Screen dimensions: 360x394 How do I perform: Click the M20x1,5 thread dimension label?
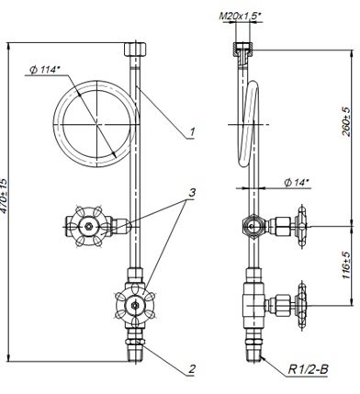pyautogui.click(x=241, y=16)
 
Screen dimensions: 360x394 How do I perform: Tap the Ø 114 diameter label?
pyautogui.click(x=45, y=70)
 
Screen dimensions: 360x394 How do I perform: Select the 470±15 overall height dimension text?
pyautogui.click(x=4, y=196)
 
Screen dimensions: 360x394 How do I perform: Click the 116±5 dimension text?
pyautogui.click(x=347, y=265)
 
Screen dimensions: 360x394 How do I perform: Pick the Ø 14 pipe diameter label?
pyautogui.click(x=297, y=183)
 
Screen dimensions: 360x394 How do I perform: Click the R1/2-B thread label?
pyautogui.click(x=308, y=369)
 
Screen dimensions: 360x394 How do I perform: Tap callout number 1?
pyautogui.click(x=192, y=132)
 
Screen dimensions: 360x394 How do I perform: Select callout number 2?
pyautogui.click(x=192, y=368)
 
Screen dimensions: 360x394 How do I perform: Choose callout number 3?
pyautogui.click(x=192, y=193)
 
